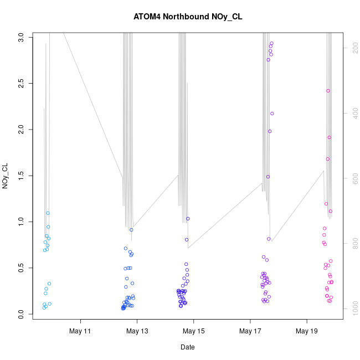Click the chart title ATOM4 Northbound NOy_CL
coord(188,17)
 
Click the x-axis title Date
coord(187,347)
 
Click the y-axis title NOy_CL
coord(6,176)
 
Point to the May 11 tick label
coord(81,331)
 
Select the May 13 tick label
coord(137,331)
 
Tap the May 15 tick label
coord(194,331)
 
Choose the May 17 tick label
coord(250,331)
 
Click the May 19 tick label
coord(307,331)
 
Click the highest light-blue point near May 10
coord(48,213)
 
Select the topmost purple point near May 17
coord(271,43)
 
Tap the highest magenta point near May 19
coord(328,91)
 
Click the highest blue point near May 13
coord(131,230)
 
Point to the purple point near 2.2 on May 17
coord(272,114)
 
